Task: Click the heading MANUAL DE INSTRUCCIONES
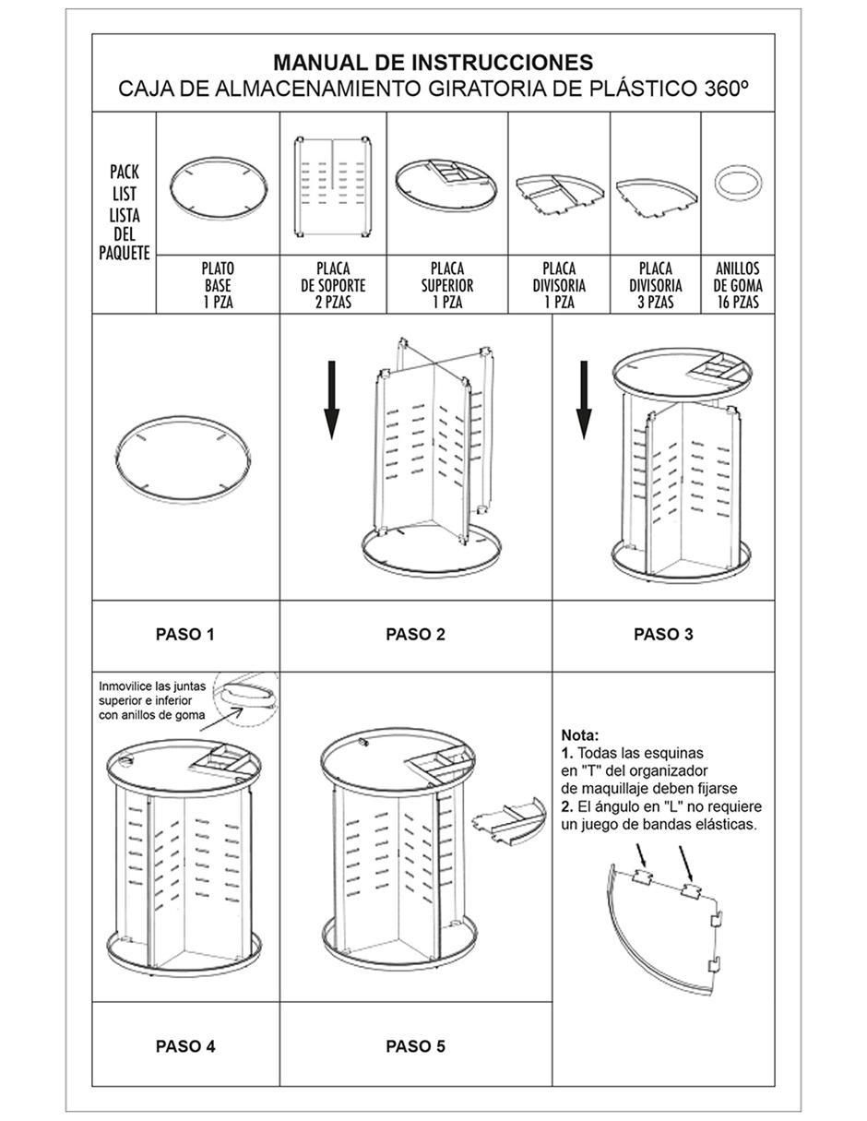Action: point(433,63)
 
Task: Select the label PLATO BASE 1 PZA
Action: point(218,285)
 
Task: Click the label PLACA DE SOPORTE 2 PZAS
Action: point(333,285)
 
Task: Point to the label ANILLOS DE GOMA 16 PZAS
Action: point(737,285)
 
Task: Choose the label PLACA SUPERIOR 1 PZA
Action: point(447,285)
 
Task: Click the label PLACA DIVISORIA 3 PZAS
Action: point(655,285)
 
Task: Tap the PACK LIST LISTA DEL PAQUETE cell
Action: point(125,212)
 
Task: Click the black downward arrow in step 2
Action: point(332,400)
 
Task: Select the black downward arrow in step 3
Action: point(584,400)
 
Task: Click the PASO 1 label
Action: point(185,634)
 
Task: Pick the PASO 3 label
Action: point(663,634)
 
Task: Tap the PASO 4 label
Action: point(185,1045)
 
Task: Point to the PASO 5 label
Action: point(415,1045)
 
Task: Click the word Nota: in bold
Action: point(580,735)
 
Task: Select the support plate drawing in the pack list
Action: point(333,186)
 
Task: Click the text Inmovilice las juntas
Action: point(152,686)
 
